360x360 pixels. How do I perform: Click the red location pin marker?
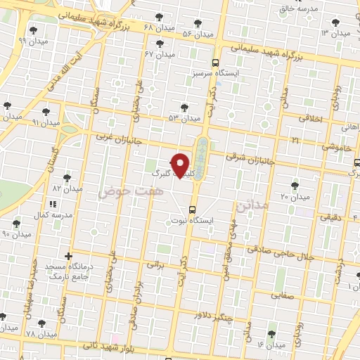[181, 165]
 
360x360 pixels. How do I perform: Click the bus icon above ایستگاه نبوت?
[193, 210]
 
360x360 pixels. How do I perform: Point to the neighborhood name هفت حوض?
[131, 191]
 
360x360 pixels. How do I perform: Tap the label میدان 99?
[32, 41]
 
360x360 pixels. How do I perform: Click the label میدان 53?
[181, 118]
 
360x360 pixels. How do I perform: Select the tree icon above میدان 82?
[67, 178]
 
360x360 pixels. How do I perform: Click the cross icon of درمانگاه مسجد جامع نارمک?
[68, 255]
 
